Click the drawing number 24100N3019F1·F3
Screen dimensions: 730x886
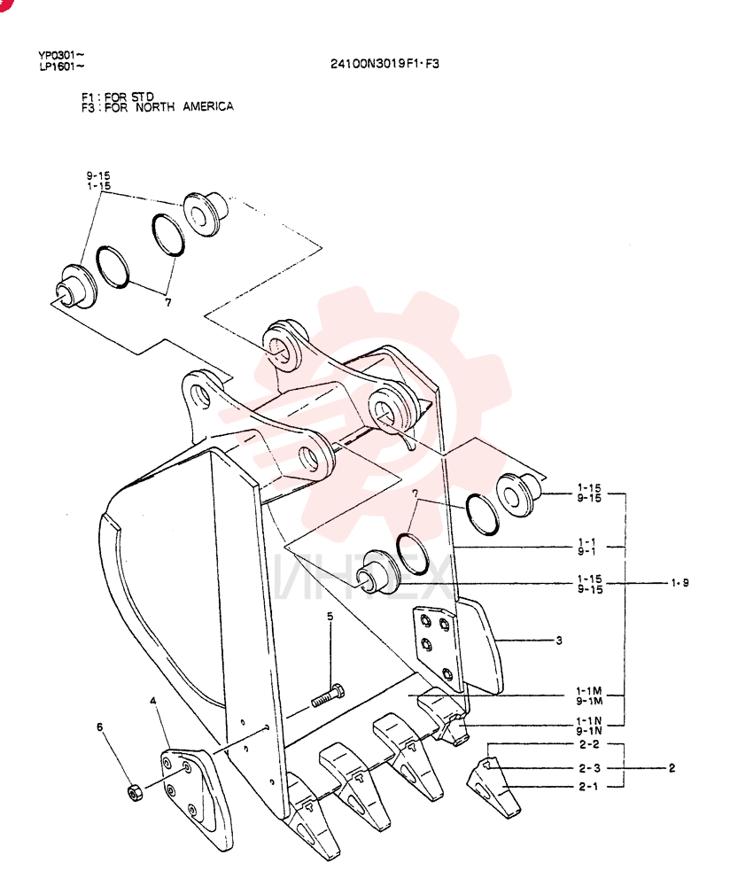click(x=384, y=64)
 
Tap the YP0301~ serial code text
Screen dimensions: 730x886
click(x=62, y=55)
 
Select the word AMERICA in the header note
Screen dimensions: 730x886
click(x=208, y=106)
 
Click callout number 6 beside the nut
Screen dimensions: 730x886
click(x=100, y=727)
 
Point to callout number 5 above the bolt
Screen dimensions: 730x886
click(x=330, y=616)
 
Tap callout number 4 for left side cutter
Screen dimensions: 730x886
click(x=153, y=701)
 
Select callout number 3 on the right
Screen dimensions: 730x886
click(x=559, y=641)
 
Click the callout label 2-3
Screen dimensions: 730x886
click(x=589, y=768)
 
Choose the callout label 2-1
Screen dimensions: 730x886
click(x=589, y=786)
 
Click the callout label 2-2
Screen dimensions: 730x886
click(x=589, y=744)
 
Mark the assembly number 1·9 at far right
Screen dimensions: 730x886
click(x=680, y=583)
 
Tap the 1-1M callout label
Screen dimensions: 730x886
click(x=589, y=690)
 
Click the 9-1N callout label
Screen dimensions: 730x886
click(x=589, y=731)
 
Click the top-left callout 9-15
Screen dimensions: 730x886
click(x=98, y=175)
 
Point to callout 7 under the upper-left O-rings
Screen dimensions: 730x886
click(x=167, y=302)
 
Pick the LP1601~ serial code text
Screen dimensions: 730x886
click(x=62, y=66)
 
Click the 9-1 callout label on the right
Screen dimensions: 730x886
click(x=586, y=551)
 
